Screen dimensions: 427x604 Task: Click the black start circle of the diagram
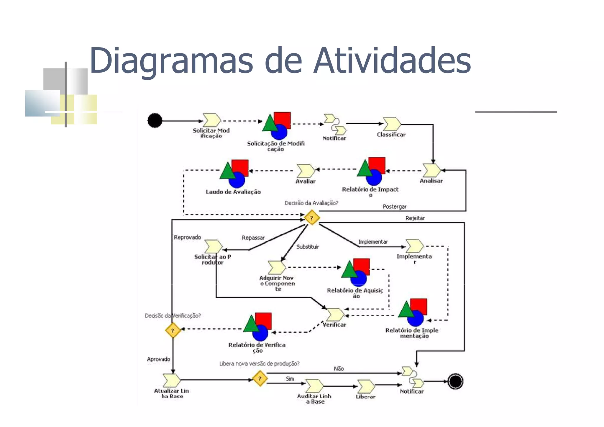[155, 120]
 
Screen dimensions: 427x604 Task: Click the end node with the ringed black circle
[455, 381]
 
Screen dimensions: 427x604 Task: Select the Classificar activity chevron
[392, 124]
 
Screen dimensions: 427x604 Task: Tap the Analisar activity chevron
[431, 170]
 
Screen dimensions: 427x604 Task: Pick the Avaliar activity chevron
[306, 171]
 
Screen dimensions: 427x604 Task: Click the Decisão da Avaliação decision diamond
[312, 218]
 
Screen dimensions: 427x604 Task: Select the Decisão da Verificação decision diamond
[173, 330]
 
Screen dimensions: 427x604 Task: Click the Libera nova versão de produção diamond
[260, 379]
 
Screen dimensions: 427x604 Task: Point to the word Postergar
[394, 207]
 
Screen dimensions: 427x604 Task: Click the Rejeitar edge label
[415, 218]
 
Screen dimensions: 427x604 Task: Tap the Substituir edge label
[307, 247]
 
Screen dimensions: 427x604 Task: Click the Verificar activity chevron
[335, 315]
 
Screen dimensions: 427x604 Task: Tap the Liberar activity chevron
[366, 386]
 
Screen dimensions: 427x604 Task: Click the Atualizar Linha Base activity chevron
[171, 380]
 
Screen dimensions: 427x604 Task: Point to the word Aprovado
[158, 359]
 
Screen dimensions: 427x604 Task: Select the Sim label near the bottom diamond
[290, 379]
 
